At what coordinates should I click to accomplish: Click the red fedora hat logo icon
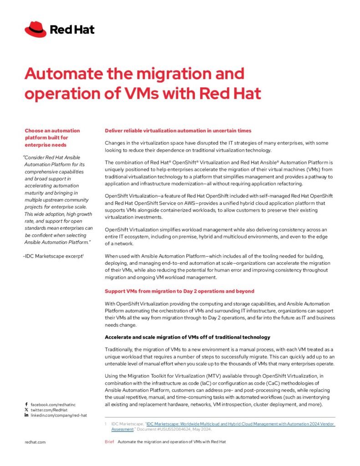35,29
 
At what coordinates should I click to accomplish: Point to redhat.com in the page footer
35,441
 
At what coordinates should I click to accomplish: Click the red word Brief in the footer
109,441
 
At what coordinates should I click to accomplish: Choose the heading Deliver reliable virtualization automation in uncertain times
178,131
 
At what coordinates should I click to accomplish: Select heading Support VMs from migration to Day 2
179,291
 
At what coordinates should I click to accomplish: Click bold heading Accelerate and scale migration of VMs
188,337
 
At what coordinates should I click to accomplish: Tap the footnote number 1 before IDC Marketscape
106,424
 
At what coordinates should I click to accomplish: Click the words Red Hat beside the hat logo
72,30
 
